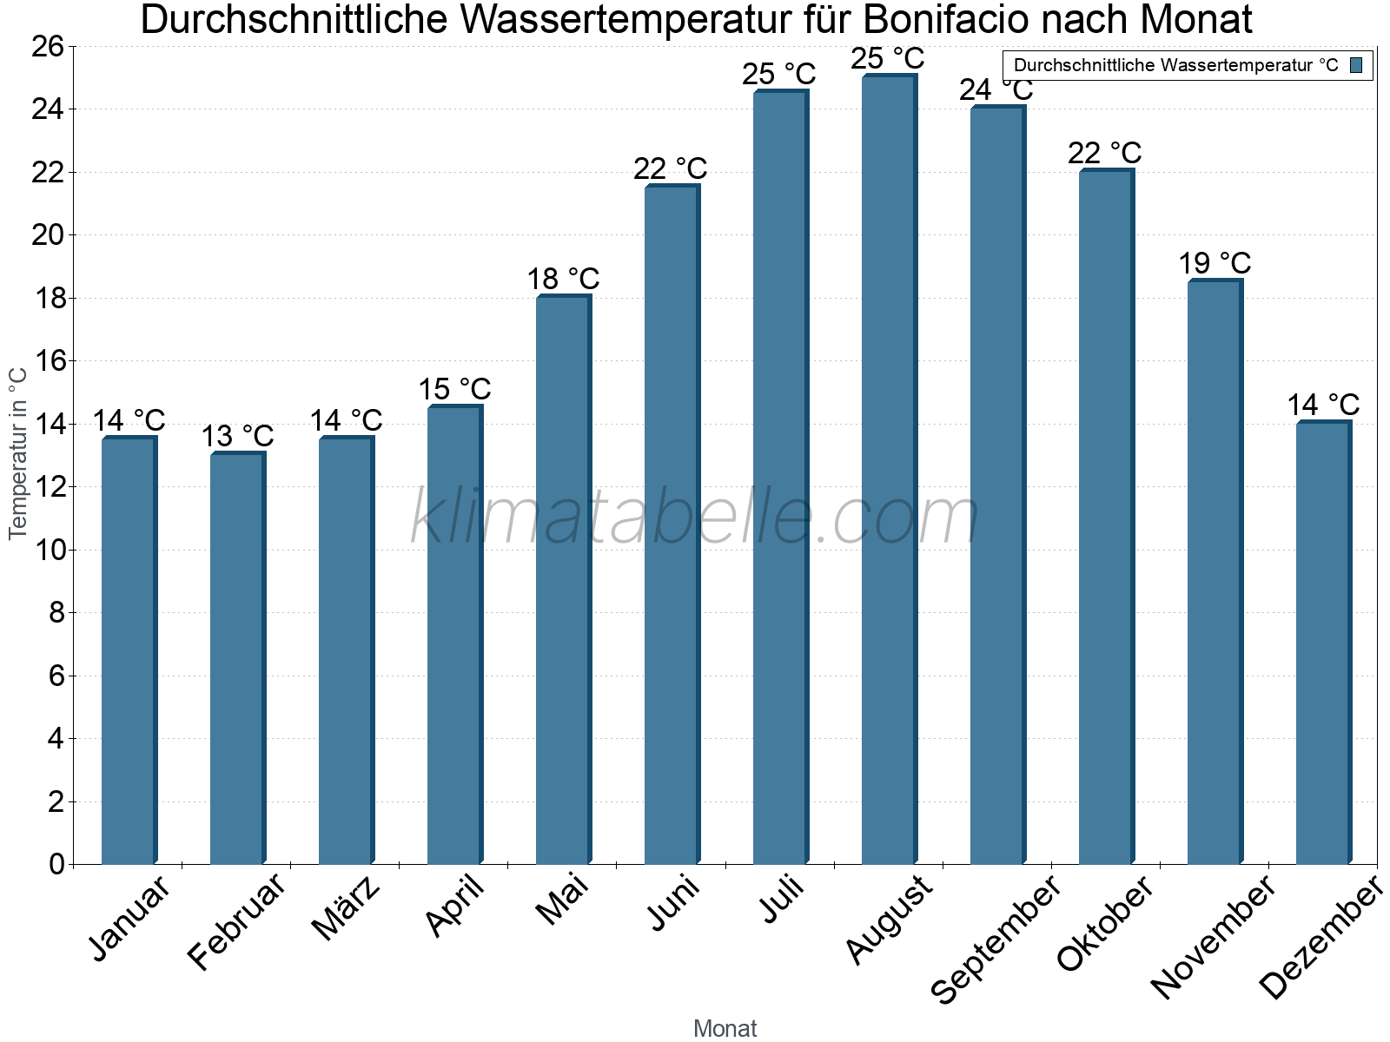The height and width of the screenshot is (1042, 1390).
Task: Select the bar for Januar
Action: (x=129, y=651)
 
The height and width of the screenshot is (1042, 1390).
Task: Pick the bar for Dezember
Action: (x=1323, y=643)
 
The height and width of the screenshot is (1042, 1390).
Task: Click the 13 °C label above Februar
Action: (x=237, y=436)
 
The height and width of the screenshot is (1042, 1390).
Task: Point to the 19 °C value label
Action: (x=1215, y=263)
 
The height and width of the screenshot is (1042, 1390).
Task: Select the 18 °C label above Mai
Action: (x=563, y=279)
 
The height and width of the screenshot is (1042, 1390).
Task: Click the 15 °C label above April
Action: (x=454, y=389)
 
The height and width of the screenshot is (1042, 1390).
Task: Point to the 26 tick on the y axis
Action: (x=49, y=46)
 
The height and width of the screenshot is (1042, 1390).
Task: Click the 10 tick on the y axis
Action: (x=49, y=550)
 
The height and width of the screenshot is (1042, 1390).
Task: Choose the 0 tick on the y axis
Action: (x=57, y=864)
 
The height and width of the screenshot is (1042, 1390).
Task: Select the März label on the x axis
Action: (x=346, y=908)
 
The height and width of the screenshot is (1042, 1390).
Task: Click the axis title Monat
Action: (x=725, y=1029)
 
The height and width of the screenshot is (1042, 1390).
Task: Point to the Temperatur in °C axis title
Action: (x=18, y=453)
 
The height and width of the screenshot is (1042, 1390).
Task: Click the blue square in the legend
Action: (x=1356, y=65)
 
